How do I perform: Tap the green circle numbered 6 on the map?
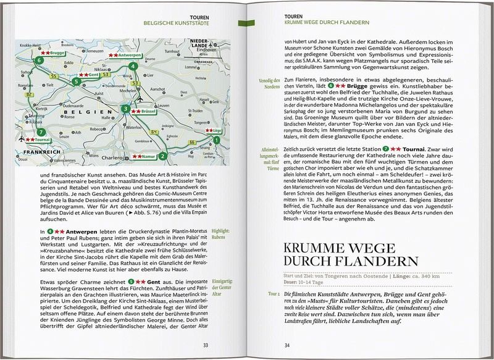[40, 61]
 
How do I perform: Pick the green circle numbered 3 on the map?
[126, 109]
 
